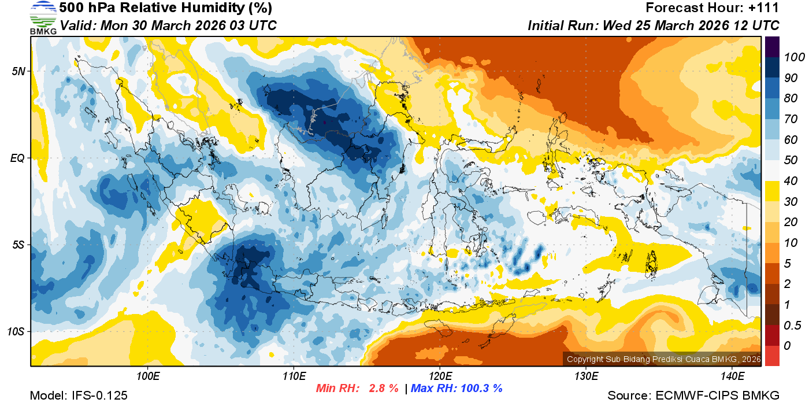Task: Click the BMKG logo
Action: tap(43, 18)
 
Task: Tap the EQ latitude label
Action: tap(18, 158)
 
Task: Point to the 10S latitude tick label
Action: tap(17, 331)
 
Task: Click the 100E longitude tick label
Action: tap(147, 376)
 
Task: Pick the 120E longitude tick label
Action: tap(440, 376)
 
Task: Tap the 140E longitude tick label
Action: tap(732, 376)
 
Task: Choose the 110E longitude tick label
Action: tap(294, 376)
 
